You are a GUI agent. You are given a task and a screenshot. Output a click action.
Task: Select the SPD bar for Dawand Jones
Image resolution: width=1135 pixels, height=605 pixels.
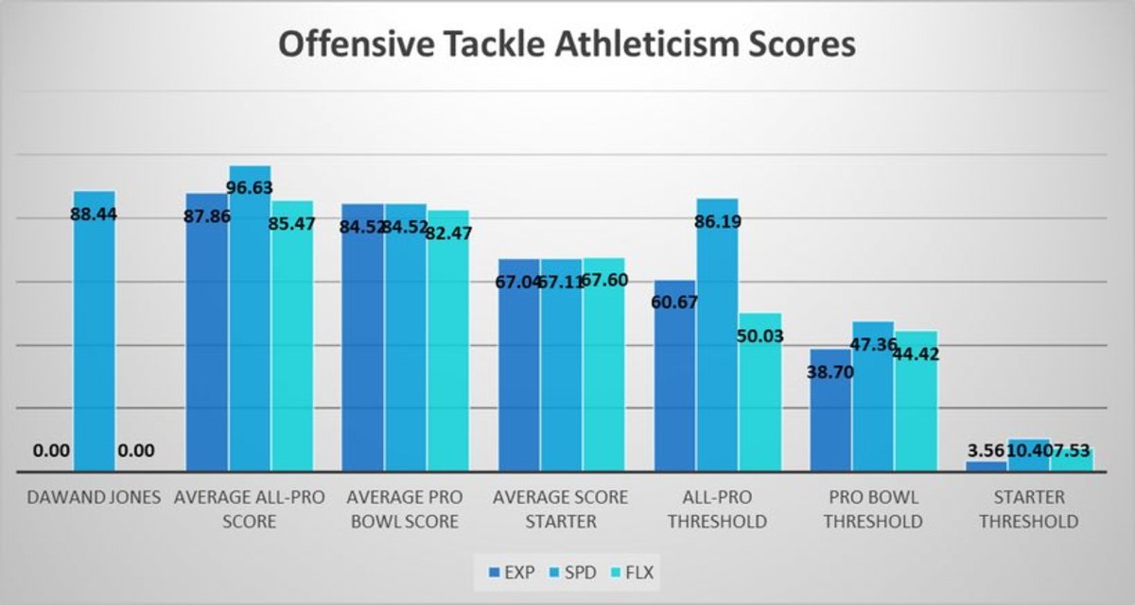[95, 331]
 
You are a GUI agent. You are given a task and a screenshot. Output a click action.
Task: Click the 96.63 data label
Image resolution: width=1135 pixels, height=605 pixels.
[250, 188]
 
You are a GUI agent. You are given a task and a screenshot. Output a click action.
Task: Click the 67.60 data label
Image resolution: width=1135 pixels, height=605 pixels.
[606, 280]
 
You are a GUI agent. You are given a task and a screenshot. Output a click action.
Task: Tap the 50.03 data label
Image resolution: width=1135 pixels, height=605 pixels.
[760, 336]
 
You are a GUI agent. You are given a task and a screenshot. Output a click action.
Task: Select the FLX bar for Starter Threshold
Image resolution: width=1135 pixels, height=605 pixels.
[1072, 459]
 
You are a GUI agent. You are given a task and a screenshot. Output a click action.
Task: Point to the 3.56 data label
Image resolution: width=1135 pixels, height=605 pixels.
[985, 451]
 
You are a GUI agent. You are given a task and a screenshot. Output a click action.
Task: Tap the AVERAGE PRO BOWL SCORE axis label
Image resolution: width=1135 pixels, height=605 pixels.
[403, 509]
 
